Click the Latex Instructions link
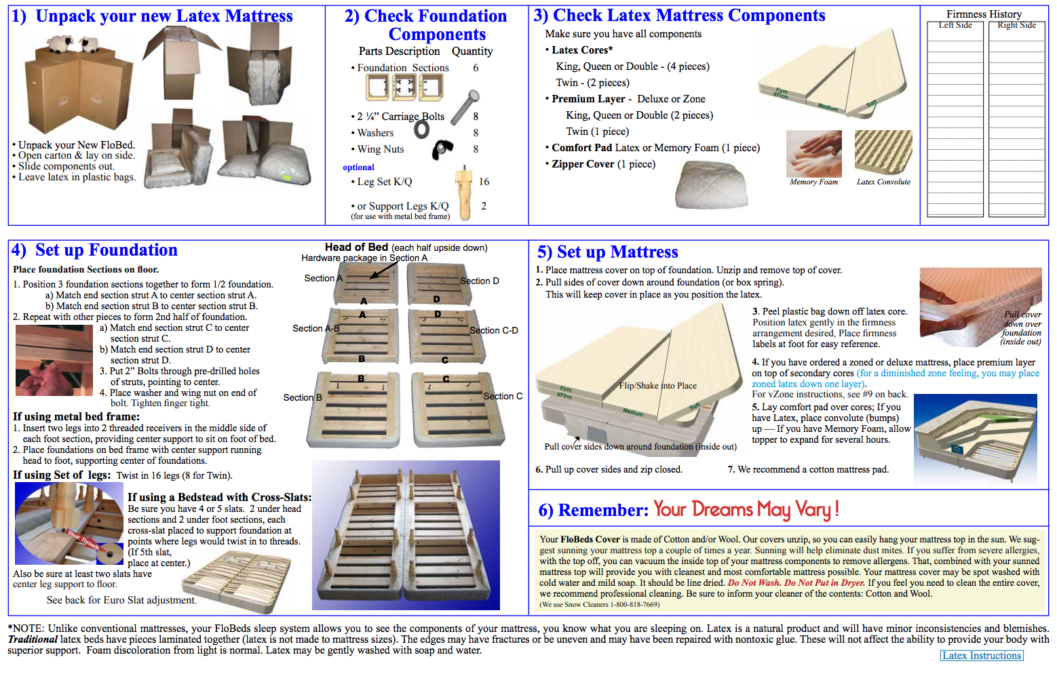(981, 656)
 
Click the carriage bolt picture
(465, 106)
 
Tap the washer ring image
(422, 129)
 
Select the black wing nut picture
(442, 148)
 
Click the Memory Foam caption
(813, 182)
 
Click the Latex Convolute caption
(883, 182)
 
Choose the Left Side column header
(955, 25)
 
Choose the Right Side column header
(1016, 25)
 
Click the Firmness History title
(984, 14)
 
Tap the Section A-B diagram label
(315, 328)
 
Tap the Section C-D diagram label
(494, 330)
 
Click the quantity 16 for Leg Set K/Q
(484, 182)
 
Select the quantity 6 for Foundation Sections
(476, 68)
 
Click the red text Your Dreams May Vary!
(746, 509)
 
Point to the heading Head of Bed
(356, 247)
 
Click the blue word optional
(358, 167)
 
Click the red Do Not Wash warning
(754, 582)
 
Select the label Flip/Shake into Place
(657, 386)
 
